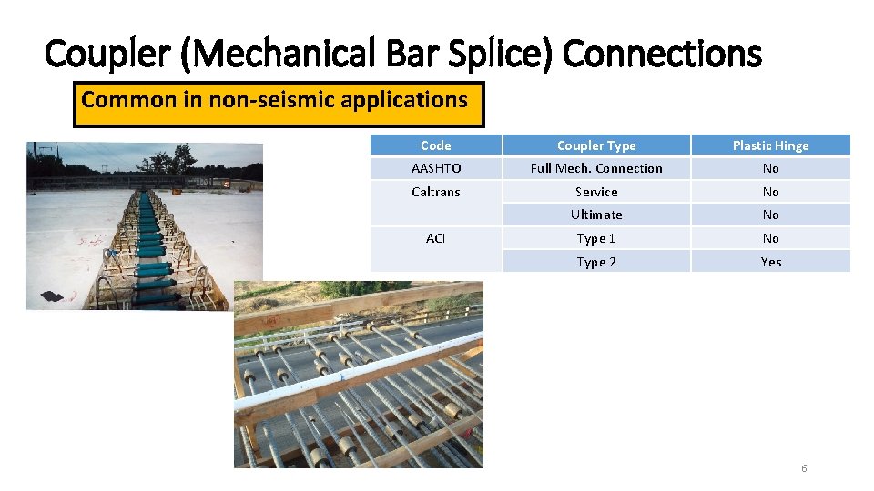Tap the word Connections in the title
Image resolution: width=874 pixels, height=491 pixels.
[662, 54]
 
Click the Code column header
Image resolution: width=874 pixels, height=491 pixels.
[436, 145]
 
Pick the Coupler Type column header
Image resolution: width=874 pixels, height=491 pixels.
[596, 145]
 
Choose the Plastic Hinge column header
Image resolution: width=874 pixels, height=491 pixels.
[770, 145]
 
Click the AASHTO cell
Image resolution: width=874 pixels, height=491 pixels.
[436, 168]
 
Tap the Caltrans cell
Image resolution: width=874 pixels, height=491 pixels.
[436, 192]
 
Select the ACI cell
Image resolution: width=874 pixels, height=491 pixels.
[436, 238]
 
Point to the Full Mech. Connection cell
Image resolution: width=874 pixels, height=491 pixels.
[596, 168]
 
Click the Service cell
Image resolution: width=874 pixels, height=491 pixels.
[596, 192]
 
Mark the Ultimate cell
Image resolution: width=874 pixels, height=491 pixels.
[596, 215]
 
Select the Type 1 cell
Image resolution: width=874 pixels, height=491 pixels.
[596, 238]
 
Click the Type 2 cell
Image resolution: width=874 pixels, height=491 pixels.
[596, 262]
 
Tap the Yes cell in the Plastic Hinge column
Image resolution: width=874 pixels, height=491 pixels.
[770, 262]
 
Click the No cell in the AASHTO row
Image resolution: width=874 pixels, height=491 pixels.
[770, 168]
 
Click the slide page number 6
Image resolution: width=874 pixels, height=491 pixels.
[804, 468]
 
